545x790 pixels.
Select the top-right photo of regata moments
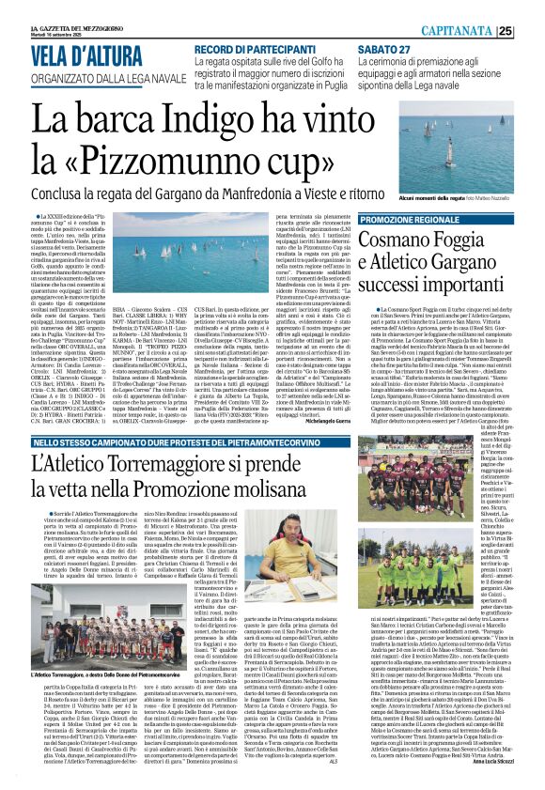pos(470,146)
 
